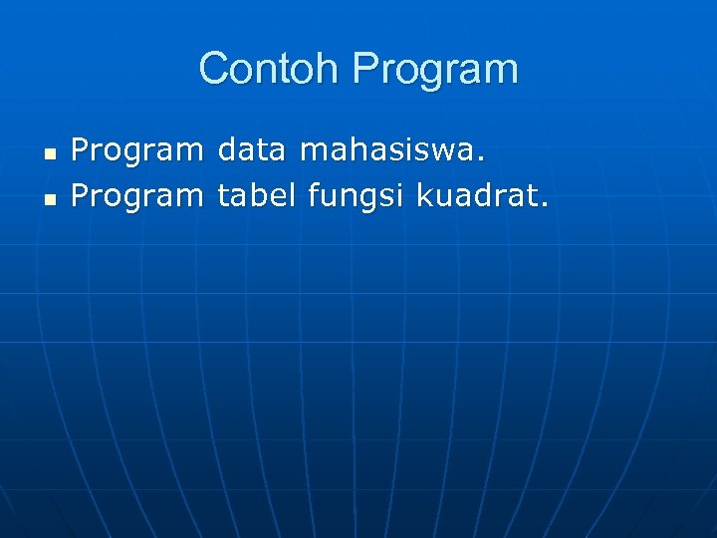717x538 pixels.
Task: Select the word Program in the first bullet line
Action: coord(137,152)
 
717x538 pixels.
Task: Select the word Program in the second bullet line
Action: coord(137,197)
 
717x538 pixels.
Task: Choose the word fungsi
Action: coord(356,197)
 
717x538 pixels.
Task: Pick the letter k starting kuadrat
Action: coord(423,195)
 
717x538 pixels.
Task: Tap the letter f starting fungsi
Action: coord(313,195)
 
